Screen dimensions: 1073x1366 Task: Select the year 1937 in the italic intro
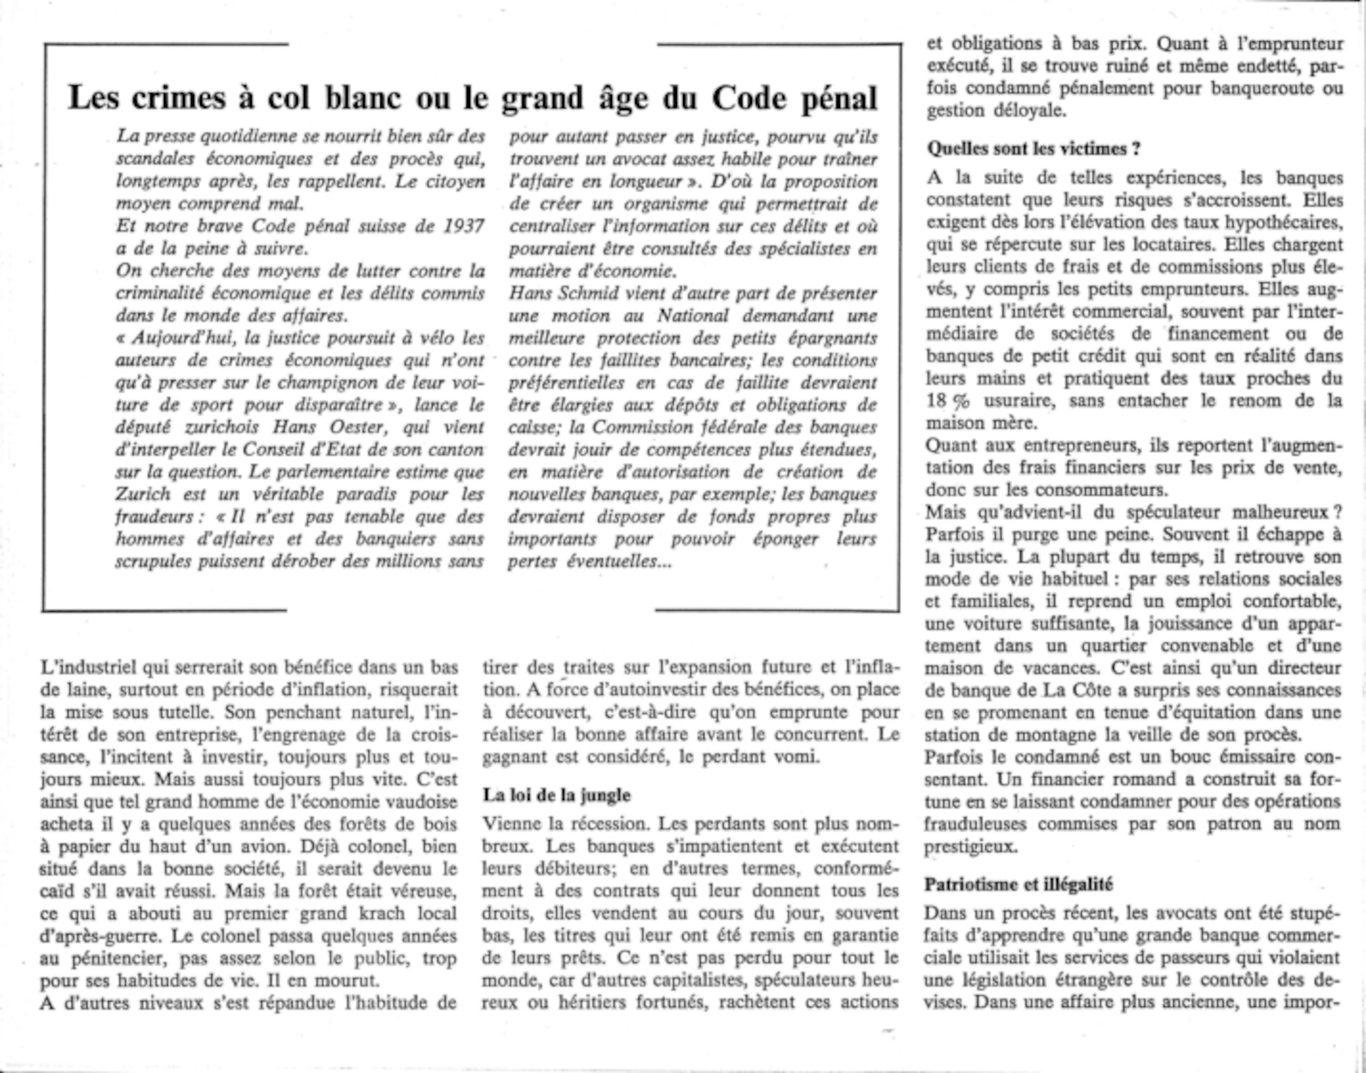464,226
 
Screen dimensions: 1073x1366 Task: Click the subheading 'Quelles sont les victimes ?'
1033,148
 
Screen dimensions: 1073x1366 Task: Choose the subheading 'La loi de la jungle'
557,795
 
